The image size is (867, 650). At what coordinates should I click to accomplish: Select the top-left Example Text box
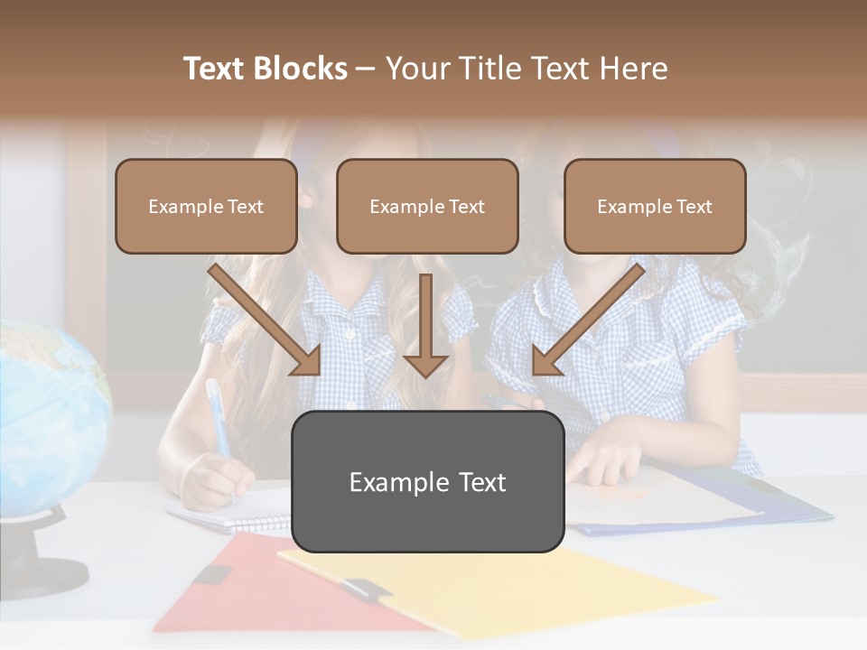coord(206,207)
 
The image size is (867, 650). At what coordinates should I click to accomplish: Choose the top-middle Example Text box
coord(427,207)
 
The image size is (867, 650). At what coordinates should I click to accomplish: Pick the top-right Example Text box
coord(655,207)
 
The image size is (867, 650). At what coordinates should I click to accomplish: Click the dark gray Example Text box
coord(427,482)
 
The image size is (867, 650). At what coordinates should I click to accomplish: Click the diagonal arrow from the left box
coord(266,320)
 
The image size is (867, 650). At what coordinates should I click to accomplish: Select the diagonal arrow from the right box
coord(587,320)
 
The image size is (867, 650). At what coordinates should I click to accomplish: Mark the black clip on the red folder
coord(212,574)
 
